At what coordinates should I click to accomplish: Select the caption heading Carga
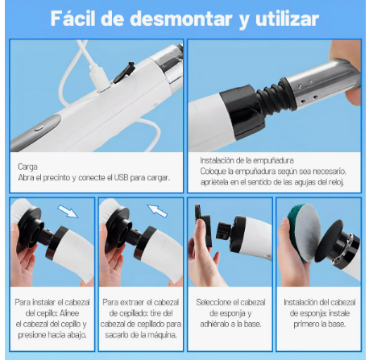click(28, 166)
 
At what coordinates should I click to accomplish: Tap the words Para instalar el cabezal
click(53, 301)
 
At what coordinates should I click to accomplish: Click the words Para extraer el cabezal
click(142, 301)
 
